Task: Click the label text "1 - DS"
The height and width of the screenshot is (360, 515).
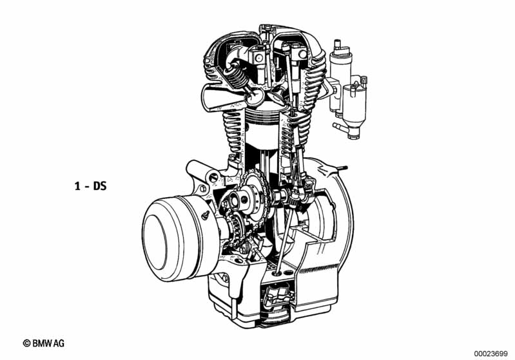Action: click(90, 186)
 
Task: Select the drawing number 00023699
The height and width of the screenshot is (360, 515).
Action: click(491, 354)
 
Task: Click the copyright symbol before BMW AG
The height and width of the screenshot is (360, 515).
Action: click(26, 343)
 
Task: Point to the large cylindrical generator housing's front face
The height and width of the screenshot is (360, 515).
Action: click(158, 238)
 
